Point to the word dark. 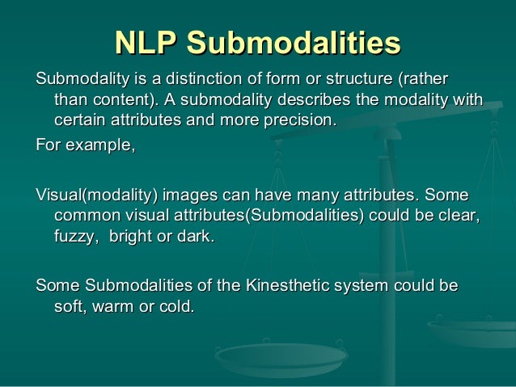click(198, 238)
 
